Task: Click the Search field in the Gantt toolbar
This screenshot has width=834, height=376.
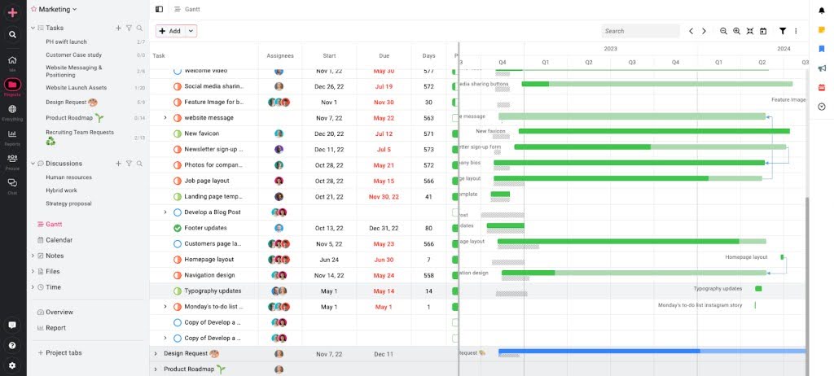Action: [x=640, y=31]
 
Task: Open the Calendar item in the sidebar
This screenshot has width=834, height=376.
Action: [x=59, y=240]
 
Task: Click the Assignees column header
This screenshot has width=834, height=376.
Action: [x=280, y=56]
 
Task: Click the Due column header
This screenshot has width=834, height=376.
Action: [x=384, y=56]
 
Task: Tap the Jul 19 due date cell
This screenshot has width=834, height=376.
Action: [x=384, y=86]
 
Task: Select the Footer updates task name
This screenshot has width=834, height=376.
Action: [x=205, y=228]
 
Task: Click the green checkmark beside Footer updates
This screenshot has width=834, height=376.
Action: [x=178, y=228]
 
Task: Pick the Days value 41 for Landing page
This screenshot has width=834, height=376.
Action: [x=428, y=196]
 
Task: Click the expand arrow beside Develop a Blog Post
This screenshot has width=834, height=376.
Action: [x=165, y=212]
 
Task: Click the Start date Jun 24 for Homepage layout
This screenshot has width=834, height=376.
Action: [x=329, y=260]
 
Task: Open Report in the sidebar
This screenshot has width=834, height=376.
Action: [x=56, y=328]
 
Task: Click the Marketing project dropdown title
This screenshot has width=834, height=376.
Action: [x=54, y=9]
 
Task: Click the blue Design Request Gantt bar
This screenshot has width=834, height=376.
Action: [x=599, y=352]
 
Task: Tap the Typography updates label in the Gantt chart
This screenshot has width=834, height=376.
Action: [x=718, y=288]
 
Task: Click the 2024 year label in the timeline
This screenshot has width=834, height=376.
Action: [x=784, y=49]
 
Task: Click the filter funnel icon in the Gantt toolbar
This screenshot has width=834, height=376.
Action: [x=783, y=31]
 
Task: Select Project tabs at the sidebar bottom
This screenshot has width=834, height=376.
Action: [x=64, y=352]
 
